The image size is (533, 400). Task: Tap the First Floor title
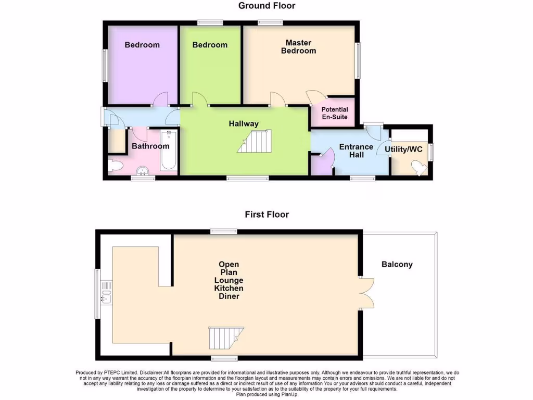pyautogui.click(x=267, y=214)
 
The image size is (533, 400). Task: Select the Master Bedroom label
pyautogui.click(x=298, y=47)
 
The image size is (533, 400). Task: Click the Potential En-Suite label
pyautogui.click(x=334, y=114)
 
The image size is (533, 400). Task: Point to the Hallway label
pyautogui.click(x=244, y=124)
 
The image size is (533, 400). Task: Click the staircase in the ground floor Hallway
pyautogui.click(x=255, y=142)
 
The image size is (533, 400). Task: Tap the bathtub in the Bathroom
pyautogui.click(x=169, y=151)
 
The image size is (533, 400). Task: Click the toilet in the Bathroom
pyautogui.click(x=116, y=166)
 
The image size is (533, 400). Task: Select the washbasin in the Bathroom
pyautogui.click(x=142, y=171)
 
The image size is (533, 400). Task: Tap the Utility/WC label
pyautogui.click(x=403, y=149)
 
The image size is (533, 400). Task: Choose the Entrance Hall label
pyautogui.click(x=356, y=151)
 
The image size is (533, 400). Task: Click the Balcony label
pyautogui.click(x=397, y=265)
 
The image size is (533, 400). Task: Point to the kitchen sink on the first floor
pyautogui.click(x=107, y=293)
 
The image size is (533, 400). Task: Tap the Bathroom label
pyautogui.click(x=150, y=146)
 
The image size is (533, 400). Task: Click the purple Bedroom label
pyautogui.click(x=142, y=45)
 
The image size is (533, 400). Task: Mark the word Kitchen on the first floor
pyautogui.click(x=229, y=289)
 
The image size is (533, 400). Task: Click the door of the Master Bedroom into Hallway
pyautogui.click(x=277, y=99)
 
